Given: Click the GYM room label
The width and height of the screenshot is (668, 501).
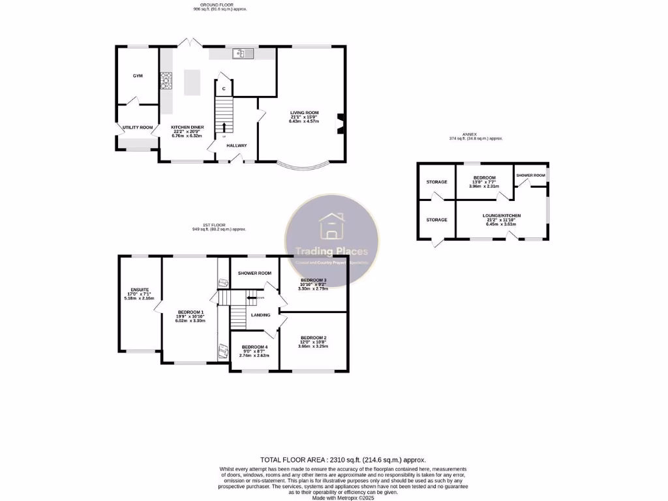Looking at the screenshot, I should [x=138, y=76].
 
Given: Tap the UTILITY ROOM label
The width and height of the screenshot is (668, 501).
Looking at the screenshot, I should [x=137, y=127].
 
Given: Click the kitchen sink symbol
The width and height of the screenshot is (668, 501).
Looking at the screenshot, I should [x=245, y=53].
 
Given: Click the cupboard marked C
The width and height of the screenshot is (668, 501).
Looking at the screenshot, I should [x=224, y=88].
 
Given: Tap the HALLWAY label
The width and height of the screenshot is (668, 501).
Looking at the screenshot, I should [x=237, y=145].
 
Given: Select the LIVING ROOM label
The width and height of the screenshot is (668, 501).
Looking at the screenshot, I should [x=304, y=113].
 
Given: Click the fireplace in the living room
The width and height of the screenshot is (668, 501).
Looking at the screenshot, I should [x=341, y=124].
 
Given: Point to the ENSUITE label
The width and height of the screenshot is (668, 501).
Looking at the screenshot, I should [x=140, y=290].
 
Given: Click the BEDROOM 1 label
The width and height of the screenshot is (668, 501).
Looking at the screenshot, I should [x=190, y=312].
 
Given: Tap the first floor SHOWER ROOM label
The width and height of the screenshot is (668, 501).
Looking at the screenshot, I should [x=254, y=273].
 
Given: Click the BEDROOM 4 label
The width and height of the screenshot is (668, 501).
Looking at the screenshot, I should [x=254, y=347].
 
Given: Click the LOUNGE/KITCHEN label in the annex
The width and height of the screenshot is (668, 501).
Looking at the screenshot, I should [x=501, y=215].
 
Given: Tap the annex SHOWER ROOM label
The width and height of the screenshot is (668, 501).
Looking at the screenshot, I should [x=530, y=175].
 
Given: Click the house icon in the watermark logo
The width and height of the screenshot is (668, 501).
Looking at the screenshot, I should [x=331, y=226].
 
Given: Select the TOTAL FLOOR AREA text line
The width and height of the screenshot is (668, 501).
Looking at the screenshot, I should [x=342, y=460].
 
